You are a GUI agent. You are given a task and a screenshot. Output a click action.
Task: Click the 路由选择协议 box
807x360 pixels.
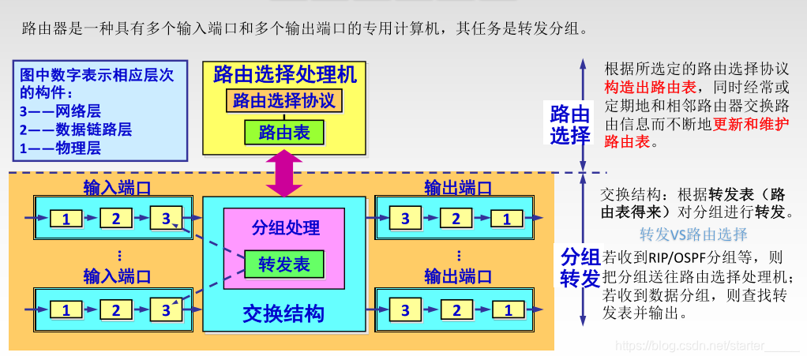284,101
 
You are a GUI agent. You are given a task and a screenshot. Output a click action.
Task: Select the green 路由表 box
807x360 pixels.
284,132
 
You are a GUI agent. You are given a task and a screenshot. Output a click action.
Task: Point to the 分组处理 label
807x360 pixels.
285,228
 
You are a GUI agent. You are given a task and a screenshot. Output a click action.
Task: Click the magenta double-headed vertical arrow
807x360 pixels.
284,174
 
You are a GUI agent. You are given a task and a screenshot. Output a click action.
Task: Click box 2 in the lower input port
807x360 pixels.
116,310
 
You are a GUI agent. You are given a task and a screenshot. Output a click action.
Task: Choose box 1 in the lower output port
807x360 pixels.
507,310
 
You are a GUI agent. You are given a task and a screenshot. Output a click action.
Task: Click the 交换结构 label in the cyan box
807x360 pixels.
284,313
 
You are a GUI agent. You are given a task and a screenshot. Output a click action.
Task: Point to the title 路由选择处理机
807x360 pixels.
284,75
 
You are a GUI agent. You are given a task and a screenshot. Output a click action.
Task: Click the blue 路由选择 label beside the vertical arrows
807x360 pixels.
570,125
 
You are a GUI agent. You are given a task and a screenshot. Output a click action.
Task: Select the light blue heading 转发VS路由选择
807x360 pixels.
693,234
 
